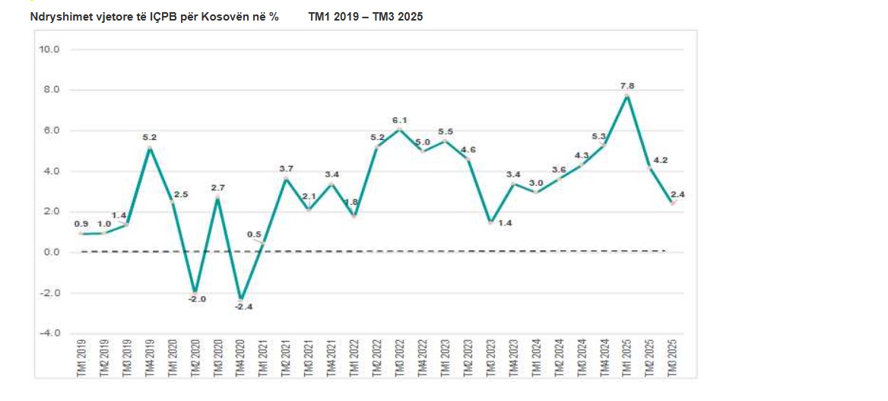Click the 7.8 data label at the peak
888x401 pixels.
pos(627,85)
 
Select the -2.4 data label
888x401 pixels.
pos(241,307)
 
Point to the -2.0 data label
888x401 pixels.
pos(197,299)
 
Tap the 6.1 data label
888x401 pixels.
pos(400,120)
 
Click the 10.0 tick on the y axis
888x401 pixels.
pos(49,49)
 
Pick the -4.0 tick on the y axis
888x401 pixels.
pos(49,333)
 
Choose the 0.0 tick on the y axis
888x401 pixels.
pos(51,252)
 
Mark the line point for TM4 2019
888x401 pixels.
pos(150,148)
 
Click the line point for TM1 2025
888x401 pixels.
pos(626,95)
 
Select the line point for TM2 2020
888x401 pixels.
pos(195,292)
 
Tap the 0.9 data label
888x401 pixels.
pos(81,224)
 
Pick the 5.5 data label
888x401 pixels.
pos(446,132)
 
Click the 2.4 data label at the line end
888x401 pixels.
pos(678,195)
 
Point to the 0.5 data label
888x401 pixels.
pos(255,234)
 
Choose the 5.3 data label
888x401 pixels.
pos(598,136)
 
